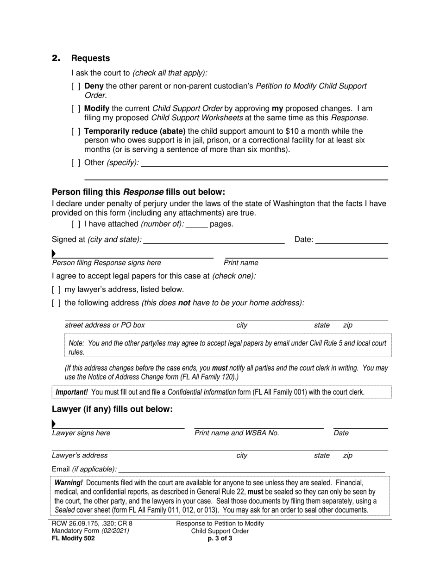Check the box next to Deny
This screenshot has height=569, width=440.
pos(76,86)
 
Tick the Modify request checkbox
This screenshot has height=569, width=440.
pos(76,109)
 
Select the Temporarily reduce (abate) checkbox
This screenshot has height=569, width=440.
pos(76,131)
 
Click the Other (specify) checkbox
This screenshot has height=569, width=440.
pos(76,163)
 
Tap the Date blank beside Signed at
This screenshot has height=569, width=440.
pos(352,240)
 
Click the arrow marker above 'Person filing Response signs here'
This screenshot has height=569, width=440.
pos(54,254)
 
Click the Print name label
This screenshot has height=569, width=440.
pos(241,263)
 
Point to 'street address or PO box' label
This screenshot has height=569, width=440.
pos(105,325)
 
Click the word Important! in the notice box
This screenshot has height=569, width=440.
pos(72,392)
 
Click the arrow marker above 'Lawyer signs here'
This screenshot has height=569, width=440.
pos(54,424)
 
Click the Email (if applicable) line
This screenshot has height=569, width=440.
pos(251,469)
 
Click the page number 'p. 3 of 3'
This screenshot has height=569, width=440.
pos(220,538)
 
